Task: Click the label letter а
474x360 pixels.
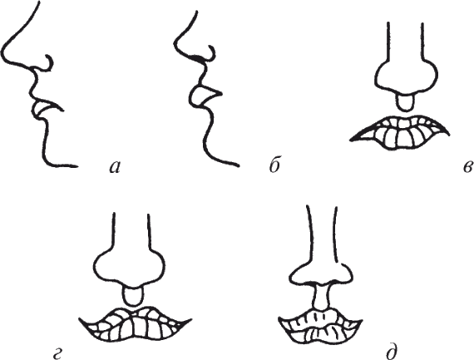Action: click(x=115, y=166)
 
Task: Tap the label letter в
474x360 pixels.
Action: click(x=467, y=167)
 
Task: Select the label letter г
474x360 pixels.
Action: click(x=57, y=353)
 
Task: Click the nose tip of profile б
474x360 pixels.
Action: click(x=176, y=46)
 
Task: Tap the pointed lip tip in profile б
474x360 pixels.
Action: click(x=221, y=94)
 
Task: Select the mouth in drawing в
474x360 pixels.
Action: click(x=399, y=132)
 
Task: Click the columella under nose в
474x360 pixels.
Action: click(x=404, y=102)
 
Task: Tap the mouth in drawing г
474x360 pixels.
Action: click(x=134, y=324)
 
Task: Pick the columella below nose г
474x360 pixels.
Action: click(x=132, y=296)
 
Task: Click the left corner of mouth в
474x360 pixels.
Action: click(x=351, y=140)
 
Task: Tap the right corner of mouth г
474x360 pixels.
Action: click(x=190, y=319)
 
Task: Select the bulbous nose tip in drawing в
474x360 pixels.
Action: click(x=407, y=75)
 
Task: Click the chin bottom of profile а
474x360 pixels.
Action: click(x=50, y=163)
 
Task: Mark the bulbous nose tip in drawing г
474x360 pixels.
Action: click(x=130, y=266)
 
